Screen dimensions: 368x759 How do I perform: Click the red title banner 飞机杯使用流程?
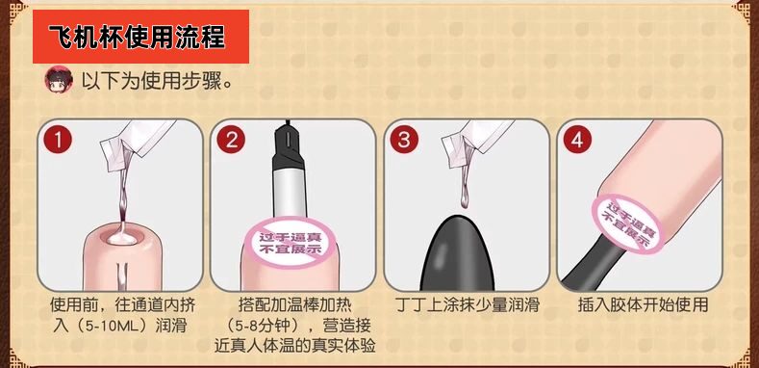[x=140, y=38]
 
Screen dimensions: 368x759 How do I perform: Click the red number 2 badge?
[x=230, y=140]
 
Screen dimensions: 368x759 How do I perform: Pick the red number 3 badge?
[x=402, y=140]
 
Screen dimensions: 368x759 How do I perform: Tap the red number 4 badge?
[x=575, y=140]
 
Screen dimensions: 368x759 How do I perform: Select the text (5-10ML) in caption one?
[x=106, y=326]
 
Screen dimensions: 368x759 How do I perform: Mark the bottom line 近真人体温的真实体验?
[x=293, y=346]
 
